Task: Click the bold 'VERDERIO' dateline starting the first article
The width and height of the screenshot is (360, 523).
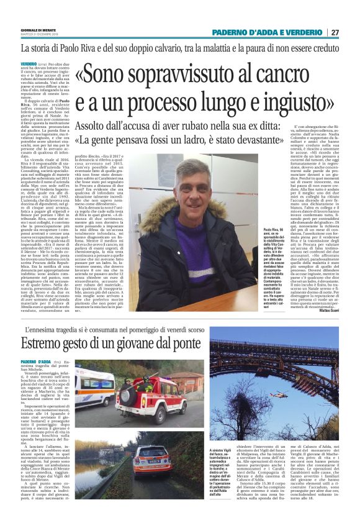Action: pyautogui.click(x=29, y=64)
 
